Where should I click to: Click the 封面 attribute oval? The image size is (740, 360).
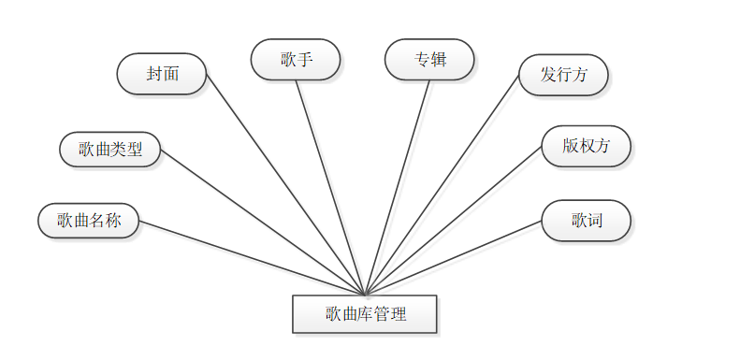click(162, 74)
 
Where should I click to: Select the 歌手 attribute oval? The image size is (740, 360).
click(296, 60)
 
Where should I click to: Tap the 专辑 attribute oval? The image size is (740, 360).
click(429, 60)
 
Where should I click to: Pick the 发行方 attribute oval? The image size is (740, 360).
click(563, 75)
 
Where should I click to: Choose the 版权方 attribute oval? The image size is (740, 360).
click(586, 146)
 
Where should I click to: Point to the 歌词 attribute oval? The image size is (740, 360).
click(586, 221)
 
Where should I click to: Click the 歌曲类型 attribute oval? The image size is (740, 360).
click(110, 149)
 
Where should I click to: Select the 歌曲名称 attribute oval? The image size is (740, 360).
click(89, 221)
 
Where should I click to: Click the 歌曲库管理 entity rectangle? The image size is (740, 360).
click(365, 314)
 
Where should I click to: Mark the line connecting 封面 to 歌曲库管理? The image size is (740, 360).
click(285, 184)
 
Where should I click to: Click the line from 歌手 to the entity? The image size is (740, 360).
click(330, 187)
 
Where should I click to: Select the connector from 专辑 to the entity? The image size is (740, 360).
click(398, 187)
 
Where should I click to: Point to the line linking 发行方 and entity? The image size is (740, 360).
click(442, 184)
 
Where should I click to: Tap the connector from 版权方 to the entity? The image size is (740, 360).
click(453, 221)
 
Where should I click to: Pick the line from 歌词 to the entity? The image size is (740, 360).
click(453, 259)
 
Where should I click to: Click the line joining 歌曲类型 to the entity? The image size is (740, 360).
click(263, 222)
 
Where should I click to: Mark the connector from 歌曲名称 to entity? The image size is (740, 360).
click(251, 257)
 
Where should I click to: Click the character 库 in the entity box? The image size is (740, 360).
click(366, 314)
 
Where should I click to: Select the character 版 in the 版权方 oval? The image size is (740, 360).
click(570, 146)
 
